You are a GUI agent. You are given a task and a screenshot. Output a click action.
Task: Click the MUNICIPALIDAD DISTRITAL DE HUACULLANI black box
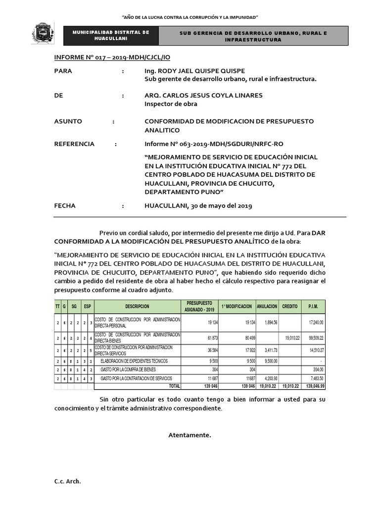(x=111, y=35)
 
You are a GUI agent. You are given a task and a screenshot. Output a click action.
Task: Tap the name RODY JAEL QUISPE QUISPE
(x=194, y=71)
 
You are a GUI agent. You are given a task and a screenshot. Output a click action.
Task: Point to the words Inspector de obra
(x=171, y=104)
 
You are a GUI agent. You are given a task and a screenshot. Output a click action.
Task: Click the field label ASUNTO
(x=68, y=121)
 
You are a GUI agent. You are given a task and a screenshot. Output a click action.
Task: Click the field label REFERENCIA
(x=74, y=144)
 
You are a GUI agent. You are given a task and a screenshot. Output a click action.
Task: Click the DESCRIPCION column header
(x=137, y=306)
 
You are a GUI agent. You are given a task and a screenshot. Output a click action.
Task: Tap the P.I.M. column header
(x=312, y=306)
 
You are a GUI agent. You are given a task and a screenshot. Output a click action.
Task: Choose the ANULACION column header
(x=267, y=306)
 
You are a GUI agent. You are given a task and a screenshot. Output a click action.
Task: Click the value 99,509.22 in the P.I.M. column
(x=313, y=338)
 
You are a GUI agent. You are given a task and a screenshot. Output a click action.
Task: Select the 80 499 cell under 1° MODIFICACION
(x=246, y=338)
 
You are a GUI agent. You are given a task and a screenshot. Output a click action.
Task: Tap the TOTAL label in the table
(x=175, y=385)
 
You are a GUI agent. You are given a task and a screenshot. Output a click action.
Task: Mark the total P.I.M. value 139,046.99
(x=312, y=385)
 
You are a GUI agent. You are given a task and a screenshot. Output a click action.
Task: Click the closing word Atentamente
(x=190, y=435)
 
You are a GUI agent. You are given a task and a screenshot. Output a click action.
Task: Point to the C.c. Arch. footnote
(x=67, y=482)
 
